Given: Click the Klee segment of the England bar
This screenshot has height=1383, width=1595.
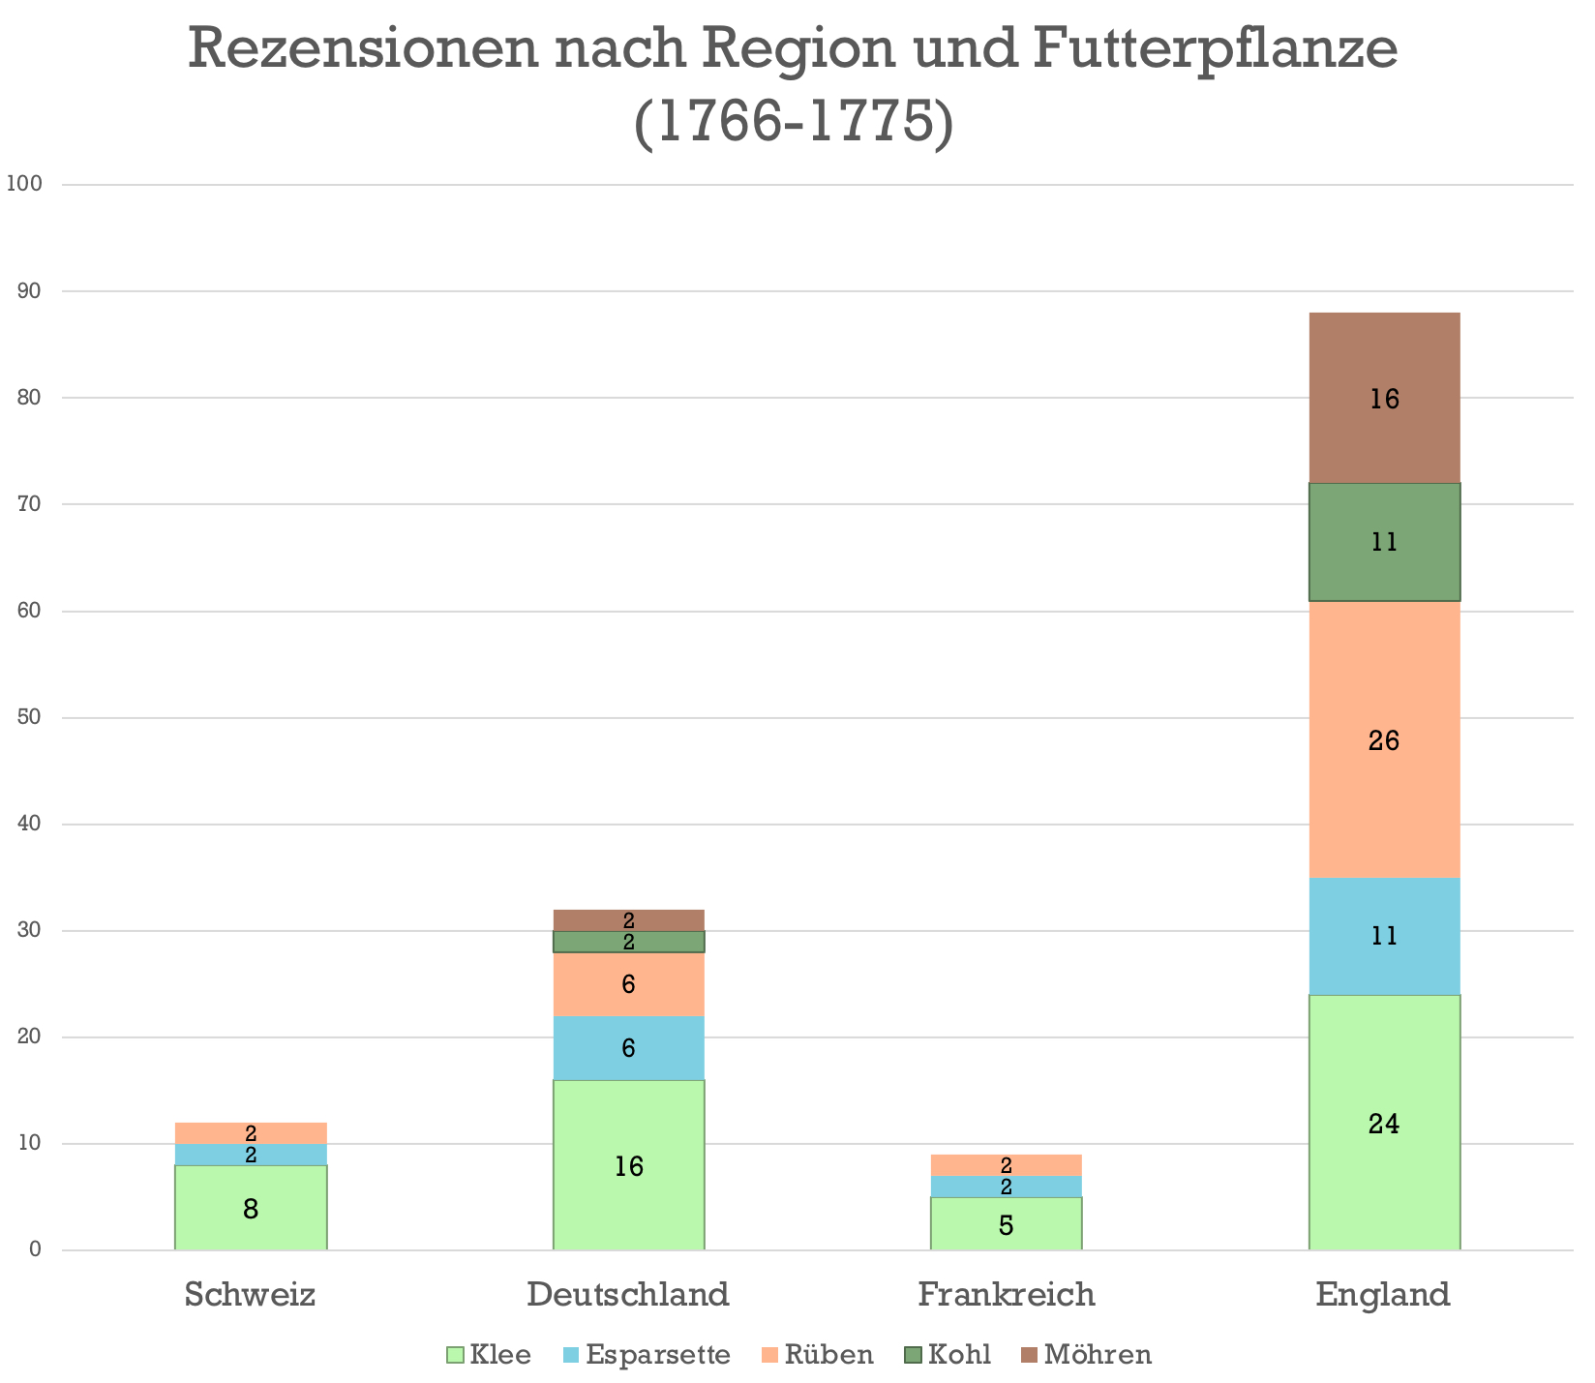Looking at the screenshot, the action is point(1384,1123).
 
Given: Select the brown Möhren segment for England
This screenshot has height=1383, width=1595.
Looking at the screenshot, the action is point(1384,398).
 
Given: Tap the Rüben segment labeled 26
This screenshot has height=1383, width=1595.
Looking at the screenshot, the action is point(1384,739).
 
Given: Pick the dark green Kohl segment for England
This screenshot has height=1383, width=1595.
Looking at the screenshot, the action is point(1384,542).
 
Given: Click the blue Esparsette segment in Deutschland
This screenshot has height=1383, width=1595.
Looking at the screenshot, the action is point(629,1048).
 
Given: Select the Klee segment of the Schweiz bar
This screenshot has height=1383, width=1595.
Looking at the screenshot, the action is point(251,1208).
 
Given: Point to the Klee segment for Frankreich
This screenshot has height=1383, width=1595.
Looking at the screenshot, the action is point(1007,1223).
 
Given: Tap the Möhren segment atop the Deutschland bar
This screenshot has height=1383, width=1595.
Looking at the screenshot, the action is point(629,920).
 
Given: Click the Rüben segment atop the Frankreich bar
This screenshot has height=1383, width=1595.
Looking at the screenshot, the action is point(1007,1165).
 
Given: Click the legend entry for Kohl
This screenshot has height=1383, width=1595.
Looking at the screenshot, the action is point(948,1355).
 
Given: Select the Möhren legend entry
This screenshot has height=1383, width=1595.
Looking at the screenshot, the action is point(1087,1355).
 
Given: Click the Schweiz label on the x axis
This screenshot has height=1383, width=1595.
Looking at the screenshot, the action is point(251,1294).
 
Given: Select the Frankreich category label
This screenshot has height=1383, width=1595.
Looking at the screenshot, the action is point(1007,1294).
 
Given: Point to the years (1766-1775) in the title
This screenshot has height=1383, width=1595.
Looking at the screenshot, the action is point(794,123).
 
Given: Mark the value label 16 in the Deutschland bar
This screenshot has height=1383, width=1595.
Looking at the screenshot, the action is point(629,1167).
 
